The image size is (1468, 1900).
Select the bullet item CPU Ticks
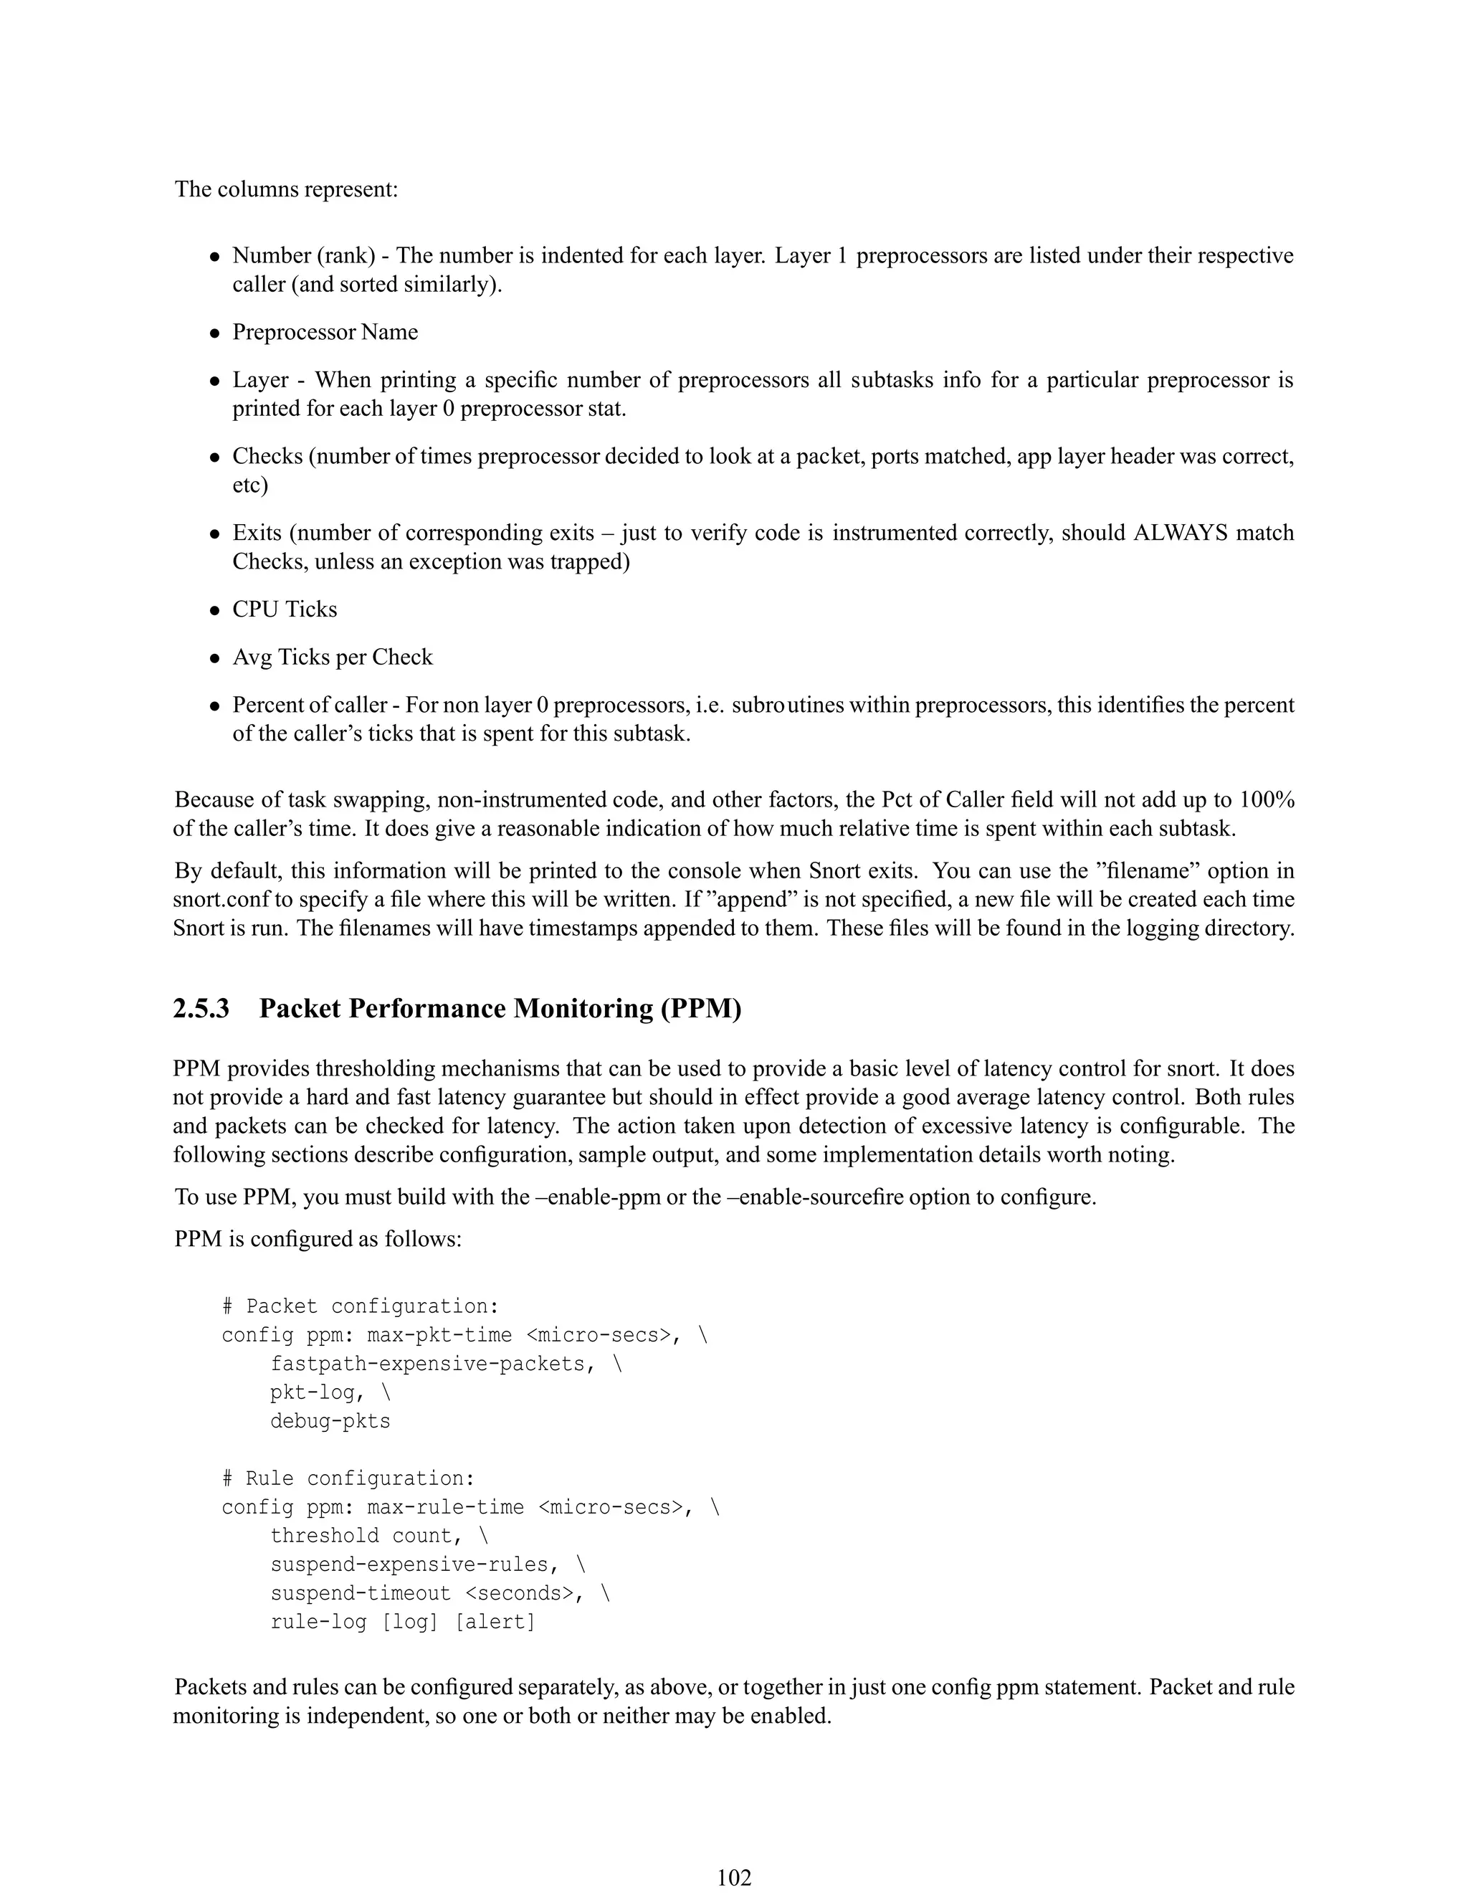coord(285,609)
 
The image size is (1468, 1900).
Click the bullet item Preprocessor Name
coord(325,333)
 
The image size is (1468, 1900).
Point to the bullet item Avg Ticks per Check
coord(332,657)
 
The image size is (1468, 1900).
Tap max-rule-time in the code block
coord(445,1508)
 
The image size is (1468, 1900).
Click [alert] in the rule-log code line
coord(495,1623)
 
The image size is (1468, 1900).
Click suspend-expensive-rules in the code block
coord(409,1565)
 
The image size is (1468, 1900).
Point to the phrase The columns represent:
coord(286,190)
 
